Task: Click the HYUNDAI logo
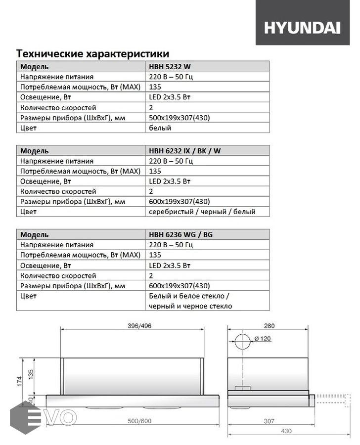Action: click(302, 28)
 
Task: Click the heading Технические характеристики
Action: click(93, 53)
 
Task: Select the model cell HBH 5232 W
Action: click(171, 66)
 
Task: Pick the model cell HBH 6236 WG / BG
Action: click(180, 234)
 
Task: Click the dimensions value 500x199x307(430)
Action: click(180, 118)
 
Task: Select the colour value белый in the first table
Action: click(160, 128)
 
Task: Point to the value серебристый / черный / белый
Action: click(202, 212)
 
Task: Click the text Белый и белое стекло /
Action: click(189, 296)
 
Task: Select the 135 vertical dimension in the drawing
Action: click(31, 374)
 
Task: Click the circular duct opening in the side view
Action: click(242, 342)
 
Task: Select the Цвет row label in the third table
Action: click(29, 296)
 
